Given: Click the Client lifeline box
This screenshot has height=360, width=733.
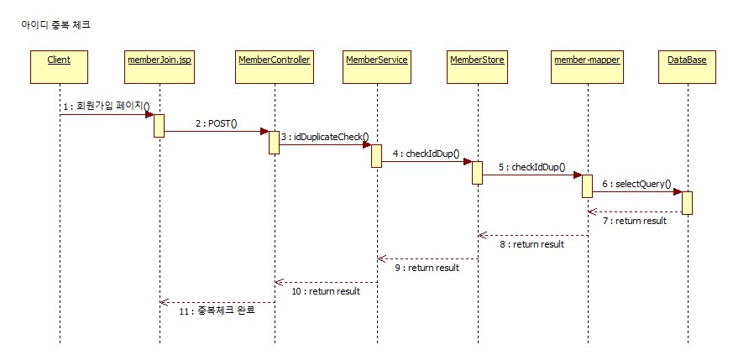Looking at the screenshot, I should [59, 60].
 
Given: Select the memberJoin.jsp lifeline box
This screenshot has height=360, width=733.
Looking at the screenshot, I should [159, 60].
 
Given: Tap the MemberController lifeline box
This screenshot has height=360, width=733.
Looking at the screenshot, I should [275, 60].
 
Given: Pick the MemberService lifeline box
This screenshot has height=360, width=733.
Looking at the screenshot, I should [376, 60].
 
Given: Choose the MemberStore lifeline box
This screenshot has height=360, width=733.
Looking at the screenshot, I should [477, 60].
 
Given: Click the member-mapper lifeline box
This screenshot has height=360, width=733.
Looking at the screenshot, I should [587, 60].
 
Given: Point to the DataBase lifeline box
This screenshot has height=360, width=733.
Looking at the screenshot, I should [686, 60].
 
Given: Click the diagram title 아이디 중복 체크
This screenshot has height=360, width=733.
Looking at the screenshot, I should [55, 25].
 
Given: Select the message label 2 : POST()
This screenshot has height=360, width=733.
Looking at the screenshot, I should [216, 123].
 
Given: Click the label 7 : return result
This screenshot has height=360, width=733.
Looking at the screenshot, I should [634, 221].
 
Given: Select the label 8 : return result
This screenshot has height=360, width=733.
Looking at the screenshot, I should [531, 244].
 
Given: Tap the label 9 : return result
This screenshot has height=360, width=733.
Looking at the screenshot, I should [427, 268].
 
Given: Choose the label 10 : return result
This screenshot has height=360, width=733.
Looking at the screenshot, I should [325, 291].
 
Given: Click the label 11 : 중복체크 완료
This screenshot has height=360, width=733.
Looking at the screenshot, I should [217, 310].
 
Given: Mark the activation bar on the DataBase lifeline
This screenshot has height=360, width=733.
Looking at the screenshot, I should [687, 202].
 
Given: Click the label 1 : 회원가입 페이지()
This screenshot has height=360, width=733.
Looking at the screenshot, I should [105, 107].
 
